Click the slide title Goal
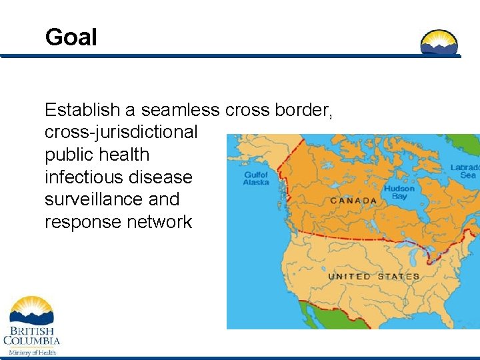(x=71, y=37)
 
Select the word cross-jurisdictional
(x=121, y=132)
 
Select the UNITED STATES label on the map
(x=373, y=277)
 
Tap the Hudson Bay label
(x=399, y=193)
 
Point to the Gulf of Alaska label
(x=256, y=178)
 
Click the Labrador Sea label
(x=464, y=171)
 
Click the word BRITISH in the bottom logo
(x=31, y=330)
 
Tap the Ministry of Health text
(x=32, y=352)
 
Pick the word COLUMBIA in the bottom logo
(x=31, y=341)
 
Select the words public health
(x=97, y=155)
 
